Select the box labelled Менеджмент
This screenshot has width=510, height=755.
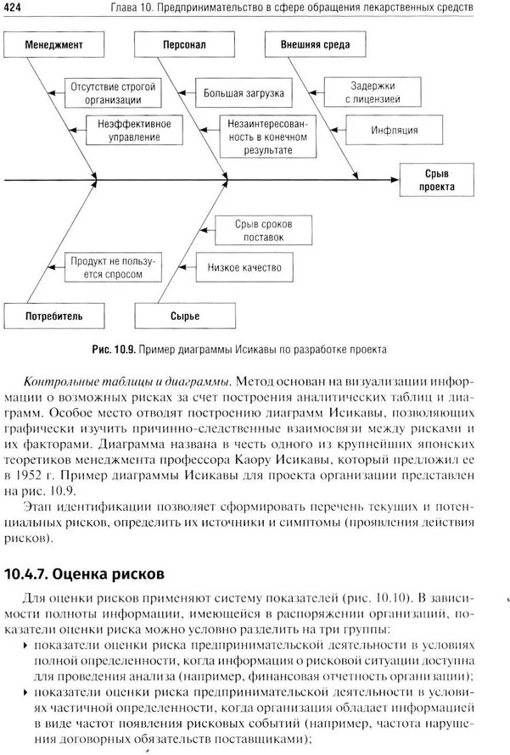53,43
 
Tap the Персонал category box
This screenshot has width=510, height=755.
182,43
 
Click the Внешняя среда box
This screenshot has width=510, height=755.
308,43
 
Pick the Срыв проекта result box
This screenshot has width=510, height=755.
439,180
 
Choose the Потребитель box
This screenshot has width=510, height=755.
53,316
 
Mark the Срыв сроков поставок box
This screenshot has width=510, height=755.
264,230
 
